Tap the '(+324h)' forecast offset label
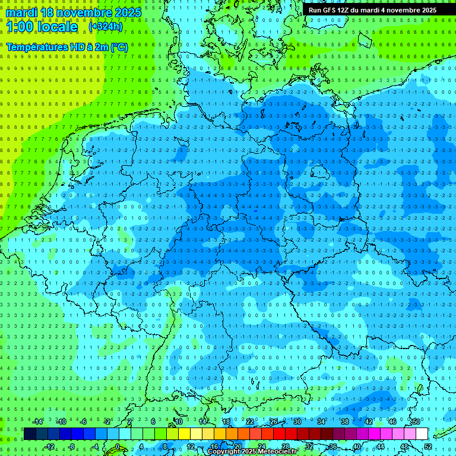click(106, 27)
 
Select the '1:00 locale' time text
click(42, 27)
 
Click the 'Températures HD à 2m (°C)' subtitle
click(66, 47)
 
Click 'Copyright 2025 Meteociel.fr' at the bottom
click(252, 452)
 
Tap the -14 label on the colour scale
click(38, 422)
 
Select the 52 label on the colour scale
click(428, 446)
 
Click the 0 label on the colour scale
click(117, 446)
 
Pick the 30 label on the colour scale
click(297, 422)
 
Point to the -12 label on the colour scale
click(50, 446)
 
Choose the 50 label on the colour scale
click(416, 422)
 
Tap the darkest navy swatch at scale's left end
click(30, 434)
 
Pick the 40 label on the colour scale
click(357, 446)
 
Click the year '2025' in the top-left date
click(128, 12)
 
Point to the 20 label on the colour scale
click(237, 446)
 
